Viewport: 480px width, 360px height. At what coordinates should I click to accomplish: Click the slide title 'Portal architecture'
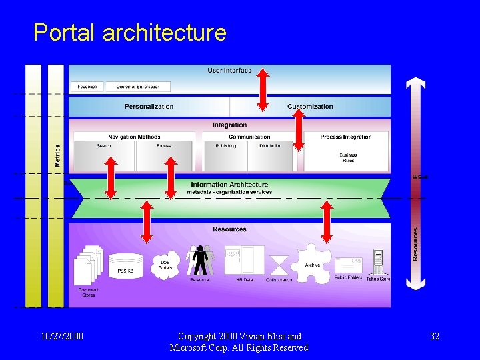click(130, 33)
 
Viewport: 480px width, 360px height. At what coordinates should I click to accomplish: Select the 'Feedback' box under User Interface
click(87, 87)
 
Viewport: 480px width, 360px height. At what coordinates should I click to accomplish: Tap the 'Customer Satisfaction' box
click(138, 87)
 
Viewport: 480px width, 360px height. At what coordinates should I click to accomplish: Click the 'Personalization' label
click(149, 107)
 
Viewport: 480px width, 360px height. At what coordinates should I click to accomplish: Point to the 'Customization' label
click(310, 107)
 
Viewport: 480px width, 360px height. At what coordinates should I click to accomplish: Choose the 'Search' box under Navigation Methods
click(104, 156)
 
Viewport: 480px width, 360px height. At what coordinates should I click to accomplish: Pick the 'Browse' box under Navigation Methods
click(164, 156)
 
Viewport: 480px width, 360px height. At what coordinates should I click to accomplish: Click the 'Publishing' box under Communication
click(225, 156)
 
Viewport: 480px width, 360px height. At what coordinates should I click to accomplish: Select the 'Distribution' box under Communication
click(271, 156)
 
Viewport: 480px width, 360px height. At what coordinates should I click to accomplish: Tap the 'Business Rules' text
click(348, 157)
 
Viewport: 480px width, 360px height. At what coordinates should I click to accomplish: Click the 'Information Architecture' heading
click(229, 185)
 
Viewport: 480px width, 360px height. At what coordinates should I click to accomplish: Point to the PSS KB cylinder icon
click(126, 265)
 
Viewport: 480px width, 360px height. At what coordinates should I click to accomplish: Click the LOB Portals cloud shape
click(166, 265)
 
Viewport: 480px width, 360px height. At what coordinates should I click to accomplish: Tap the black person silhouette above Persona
click(199, 261)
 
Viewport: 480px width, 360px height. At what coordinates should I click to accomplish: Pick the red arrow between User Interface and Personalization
click(263, 89)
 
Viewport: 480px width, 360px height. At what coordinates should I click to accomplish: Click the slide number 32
click(435, 337)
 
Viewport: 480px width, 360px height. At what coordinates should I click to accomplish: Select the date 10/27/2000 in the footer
click(62, 337)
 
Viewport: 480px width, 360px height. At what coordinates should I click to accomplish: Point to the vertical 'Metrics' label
click(57, 155)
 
